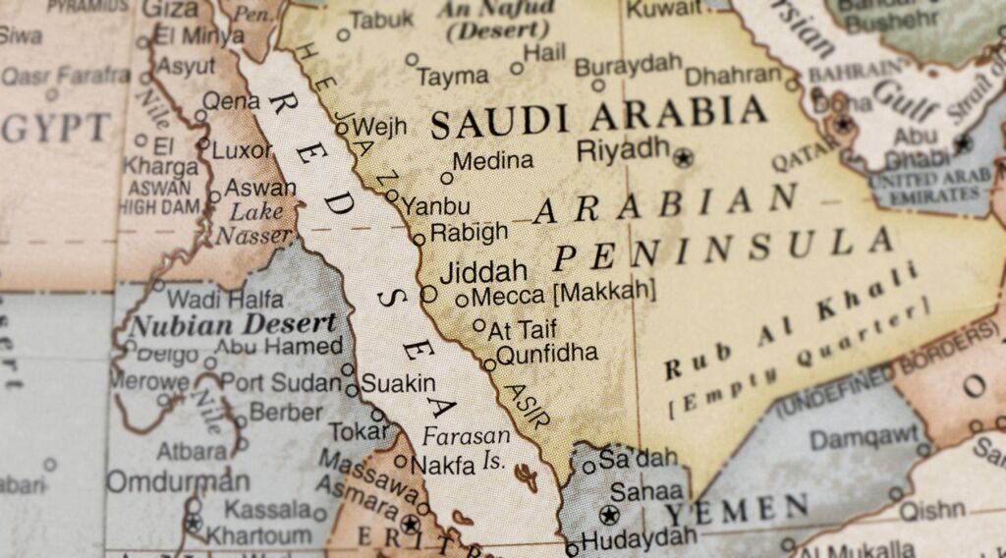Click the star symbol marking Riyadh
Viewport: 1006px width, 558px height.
click(x=683, y=156)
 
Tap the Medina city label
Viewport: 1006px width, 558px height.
click(x=493, y=161)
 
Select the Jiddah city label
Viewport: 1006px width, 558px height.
click(x=482, y=271)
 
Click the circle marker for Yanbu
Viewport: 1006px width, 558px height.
click(x=392, y=195)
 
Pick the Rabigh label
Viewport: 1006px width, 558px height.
click(x=470, y=233)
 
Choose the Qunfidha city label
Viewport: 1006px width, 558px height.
click(x=546, y=354)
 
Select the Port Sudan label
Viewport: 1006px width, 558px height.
click(x=280, y=382)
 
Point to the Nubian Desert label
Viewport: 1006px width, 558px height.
click(x=233, y=323)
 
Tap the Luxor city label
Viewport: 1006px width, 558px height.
click(x=242, y=151)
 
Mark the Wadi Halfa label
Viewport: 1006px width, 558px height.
click(x=226, y=299)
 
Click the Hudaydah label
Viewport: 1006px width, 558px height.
click(x=638, y=538)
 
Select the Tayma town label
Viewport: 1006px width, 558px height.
click(x=452, y=76)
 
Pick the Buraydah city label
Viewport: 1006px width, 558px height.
click(x=628, y=66)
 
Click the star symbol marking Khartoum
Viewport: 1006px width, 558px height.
click(x=194, y=522)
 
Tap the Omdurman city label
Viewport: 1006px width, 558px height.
click(x=178, y=481)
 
